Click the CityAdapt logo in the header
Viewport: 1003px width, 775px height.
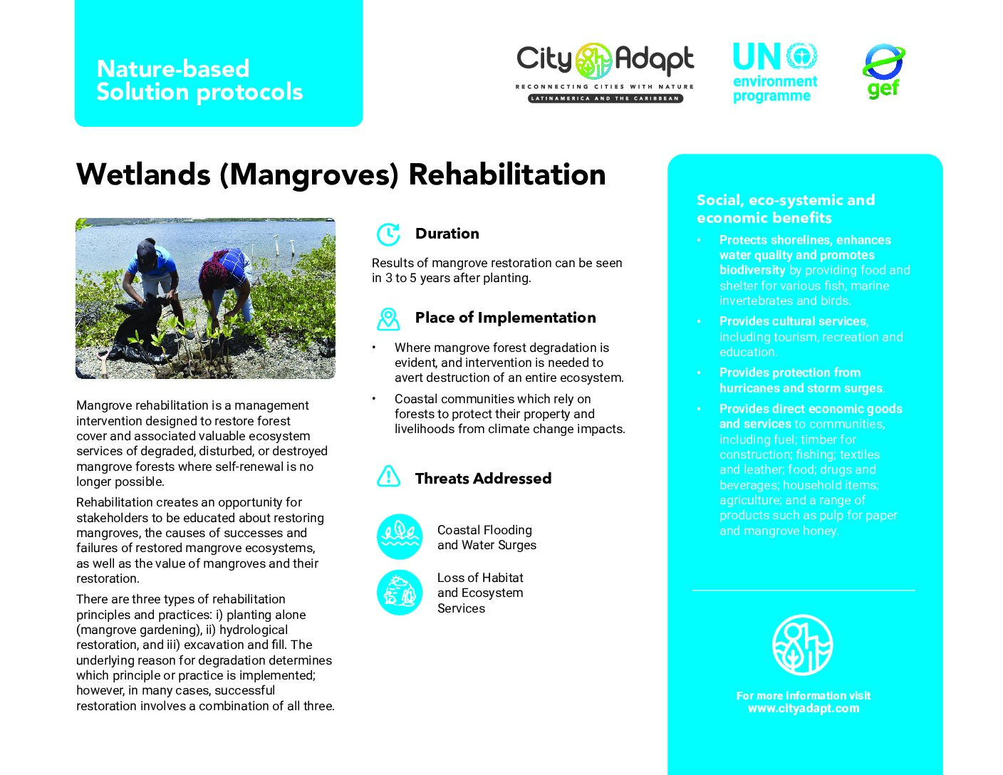605,73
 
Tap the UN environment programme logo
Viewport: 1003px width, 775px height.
775,73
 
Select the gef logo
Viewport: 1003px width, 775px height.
883,71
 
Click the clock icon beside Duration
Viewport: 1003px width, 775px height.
388,234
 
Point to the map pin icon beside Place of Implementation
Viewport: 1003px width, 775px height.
388,319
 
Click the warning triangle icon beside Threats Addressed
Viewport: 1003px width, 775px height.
388,477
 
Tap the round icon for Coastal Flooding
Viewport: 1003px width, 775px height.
399,537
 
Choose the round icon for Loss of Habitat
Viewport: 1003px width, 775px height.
399,592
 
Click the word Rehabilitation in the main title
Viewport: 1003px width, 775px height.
506,175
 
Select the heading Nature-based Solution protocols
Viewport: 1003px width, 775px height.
199,80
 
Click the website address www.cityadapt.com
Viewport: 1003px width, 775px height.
804,708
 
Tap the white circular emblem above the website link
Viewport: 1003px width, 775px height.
803,645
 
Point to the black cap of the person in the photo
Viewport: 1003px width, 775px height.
147,254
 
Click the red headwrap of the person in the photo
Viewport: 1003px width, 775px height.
216,265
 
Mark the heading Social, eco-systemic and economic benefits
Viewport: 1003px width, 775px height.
786,209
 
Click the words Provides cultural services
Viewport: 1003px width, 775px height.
793,321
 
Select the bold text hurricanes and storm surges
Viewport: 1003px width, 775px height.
801,388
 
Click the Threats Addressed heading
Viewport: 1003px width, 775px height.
483,478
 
